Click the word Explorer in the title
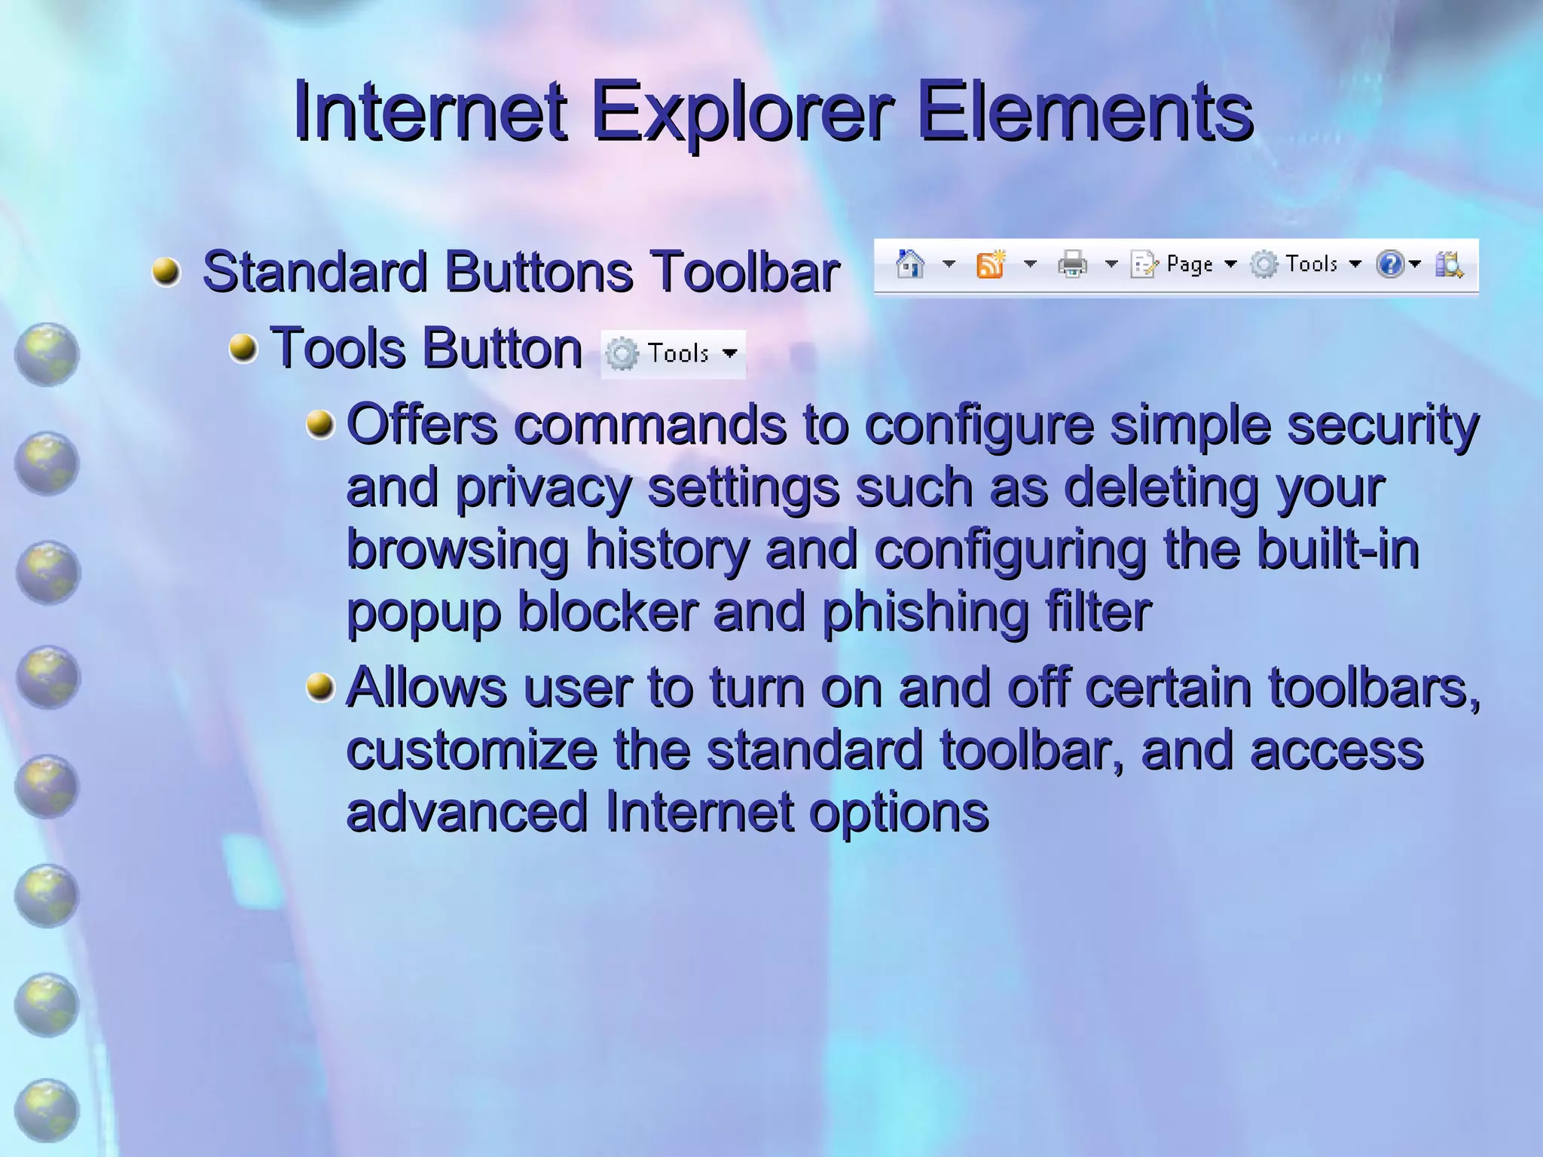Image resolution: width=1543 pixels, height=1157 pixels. [x=742, y=112]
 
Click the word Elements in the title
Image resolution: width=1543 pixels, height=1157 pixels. [x=1084, y=112]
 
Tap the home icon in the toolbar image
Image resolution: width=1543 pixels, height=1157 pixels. [x=910, y=264]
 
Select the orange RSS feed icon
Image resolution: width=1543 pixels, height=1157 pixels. [x=991, y=264]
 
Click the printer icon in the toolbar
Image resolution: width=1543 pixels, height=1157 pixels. [x=1072, y=264]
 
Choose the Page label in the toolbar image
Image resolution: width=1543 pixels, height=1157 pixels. [x=1189, y=264]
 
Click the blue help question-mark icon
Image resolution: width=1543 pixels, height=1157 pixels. [x=1389, y=264]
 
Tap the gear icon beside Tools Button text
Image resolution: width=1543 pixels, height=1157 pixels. [x=622, y=353]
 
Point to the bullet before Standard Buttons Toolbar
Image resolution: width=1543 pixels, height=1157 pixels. [x=166, y=271]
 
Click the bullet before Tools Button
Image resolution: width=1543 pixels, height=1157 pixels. [x=243, y=348]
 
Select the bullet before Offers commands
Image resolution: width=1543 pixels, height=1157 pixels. [x=320, y=424]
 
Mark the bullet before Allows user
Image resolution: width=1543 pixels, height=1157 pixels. [x=320, y=687]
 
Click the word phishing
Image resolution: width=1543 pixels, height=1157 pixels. [x=924, y=612]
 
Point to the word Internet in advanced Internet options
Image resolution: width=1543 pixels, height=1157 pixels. [x=698, y=812]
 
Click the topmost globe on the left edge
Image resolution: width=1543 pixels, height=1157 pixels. [x=47, y=354]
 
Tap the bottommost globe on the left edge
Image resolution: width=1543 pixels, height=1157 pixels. [x=47, y=1110]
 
